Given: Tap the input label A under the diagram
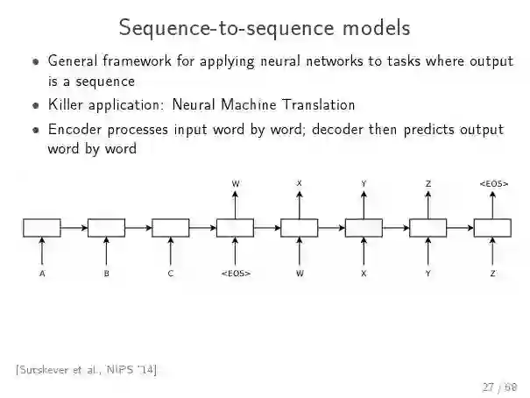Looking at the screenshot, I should coord(42,274).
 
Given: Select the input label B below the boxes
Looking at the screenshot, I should coord(107,274).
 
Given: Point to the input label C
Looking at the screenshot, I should coord(171,274).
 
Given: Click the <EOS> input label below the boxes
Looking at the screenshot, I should coord(236,274).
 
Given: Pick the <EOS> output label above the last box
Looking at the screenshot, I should coord(493,183).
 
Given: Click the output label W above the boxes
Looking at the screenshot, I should coord(236,183).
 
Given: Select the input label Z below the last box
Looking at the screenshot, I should coord(493,274).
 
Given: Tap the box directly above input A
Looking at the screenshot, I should coord(42,228).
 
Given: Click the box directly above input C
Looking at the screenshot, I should coord(171,228).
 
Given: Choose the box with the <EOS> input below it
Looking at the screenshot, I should coord(236,228).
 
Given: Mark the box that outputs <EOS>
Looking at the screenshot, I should coord(493,228).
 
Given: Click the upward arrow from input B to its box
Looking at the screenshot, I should coord(107,252).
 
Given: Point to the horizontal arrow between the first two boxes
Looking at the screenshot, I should coord(74,228).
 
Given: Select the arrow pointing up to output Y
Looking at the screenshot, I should coord(364,203).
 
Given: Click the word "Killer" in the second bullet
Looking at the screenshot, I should coord(67,105).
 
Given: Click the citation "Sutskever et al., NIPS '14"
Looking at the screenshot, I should coord(86,369).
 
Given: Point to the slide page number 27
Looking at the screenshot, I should coord(488,386).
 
